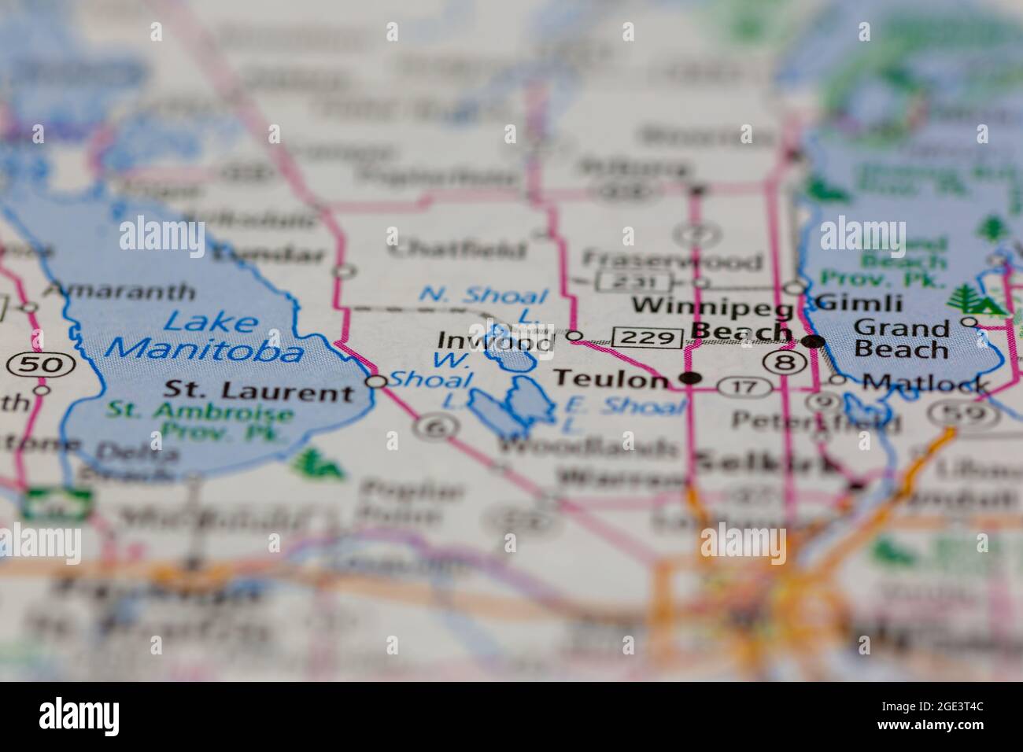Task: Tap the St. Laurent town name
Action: click(260, 390)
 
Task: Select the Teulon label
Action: click(609, 379)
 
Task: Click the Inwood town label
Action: click(495, 341)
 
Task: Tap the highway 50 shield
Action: click(41, 364)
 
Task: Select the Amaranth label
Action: click(119, 290)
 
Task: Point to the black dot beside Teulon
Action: click(691, 379)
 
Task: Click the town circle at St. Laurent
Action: click(377, 382)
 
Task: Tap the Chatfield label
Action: click(457, 250)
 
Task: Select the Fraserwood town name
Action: click(673, 260)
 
